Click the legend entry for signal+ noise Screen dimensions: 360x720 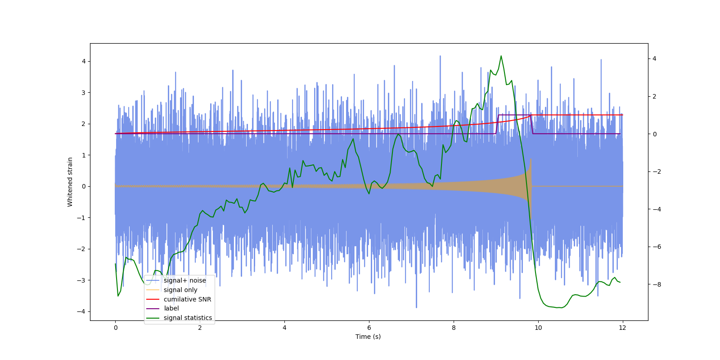(184, 280)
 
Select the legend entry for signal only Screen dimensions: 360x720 (180, 290)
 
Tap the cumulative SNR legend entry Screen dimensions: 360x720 (187, 299)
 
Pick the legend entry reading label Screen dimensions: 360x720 (171, 308)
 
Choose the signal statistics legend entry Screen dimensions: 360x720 (188, 318)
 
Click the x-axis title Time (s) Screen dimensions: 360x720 (368, 337)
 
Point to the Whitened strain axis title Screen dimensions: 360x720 (70, 182)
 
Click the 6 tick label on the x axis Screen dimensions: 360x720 (369, 328)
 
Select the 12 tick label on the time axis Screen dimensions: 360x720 (622, 328)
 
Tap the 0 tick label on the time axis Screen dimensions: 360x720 (115, 328)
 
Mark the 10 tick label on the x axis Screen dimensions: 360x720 (538, 328)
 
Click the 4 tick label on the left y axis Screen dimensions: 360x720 (84, 61)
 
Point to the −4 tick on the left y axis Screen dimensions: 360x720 (81, 311)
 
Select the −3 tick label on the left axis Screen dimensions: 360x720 (81, 280)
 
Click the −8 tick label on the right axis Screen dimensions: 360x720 (655, 284)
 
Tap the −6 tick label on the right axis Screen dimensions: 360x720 (655, 247)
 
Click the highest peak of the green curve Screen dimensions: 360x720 (501, 56)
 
